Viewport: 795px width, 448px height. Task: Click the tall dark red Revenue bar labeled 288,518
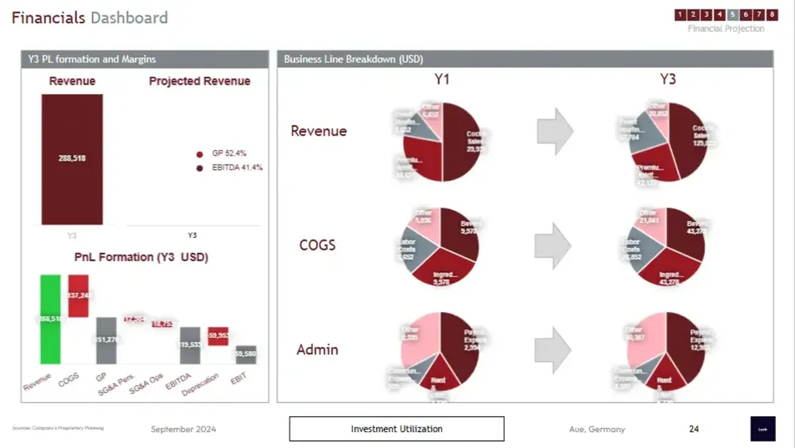point(72,159)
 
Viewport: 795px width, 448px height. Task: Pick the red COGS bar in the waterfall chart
point(79,295)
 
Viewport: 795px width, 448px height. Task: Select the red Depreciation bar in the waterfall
point(219,336)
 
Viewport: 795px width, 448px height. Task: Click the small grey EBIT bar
point(246,354)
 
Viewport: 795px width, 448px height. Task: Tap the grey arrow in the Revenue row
point(555,131)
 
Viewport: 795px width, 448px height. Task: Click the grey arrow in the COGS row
point(555,244)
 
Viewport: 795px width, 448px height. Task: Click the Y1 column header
point(443,80)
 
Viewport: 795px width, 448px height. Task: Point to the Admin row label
point(317,349)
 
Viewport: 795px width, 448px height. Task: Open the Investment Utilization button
point(397,429)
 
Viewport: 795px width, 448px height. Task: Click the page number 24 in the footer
point(694,429)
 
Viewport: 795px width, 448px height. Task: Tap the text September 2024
point(184,429)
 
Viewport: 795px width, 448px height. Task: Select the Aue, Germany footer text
point(597,429)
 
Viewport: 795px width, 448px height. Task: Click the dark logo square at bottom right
point(762,428)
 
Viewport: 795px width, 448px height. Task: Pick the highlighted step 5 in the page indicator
point(733,14)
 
